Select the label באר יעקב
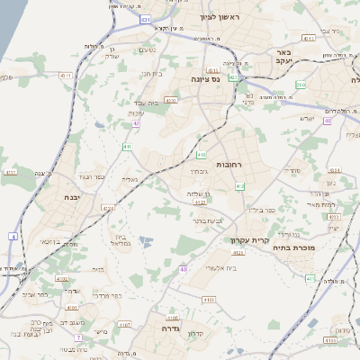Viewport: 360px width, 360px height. pyautogui.click(x=283, y=58)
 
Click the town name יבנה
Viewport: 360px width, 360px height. pyautogui.click(x=72, y=196)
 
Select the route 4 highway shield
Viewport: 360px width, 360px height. pyautogui.click(x=13, y=236)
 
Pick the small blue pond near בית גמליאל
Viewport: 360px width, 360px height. pyautogui.click(x=146, y=240)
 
